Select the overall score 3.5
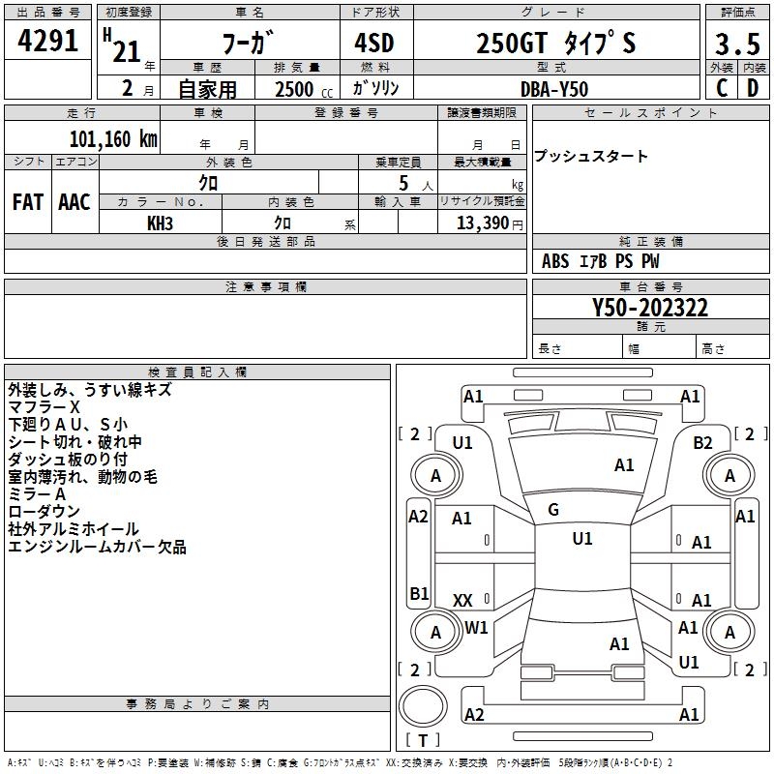[x=736, y=45]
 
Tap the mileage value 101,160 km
[x=113, y=138]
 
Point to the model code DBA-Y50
[x=553, y=88]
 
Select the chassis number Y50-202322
[x=650, y=309]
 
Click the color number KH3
[x=160, y=223]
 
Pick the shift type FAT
[x=27, y=202]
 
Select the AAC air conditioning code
[x=74, y=202]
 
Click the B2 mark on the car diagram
[x=702, y=442]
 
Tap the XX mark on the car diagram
[x=462, y=600]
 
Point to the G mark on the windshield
[x=552, y=510]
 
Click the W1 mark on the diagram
[x=476, y=627]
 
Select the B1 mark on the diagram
[x=419, y=593]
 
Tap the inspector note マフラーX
[x=45, y=407]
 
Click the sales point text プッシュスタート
[x=591, y=157]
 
